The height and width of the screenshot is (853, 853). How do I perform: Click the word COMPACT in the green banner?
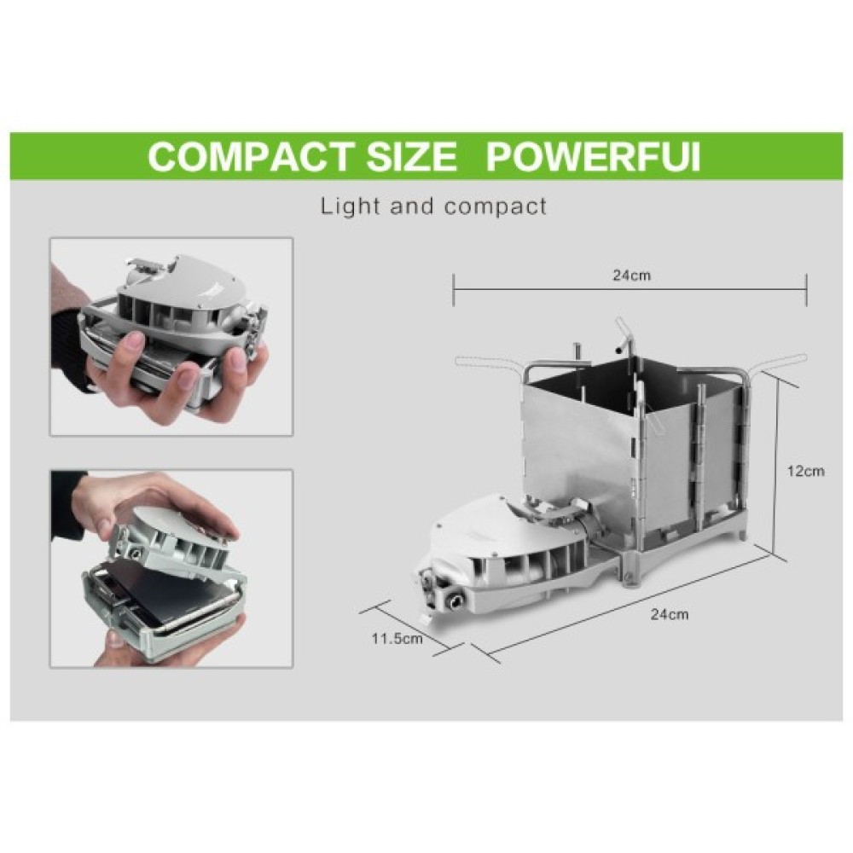pyautogui.click(x=248, y=157)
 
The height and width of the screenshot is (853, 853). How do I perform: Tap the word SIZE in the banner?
pyautogui.click(x=411, y=157)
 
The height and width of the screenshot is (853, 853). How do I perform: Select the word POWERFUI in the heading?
pyautogui.click(x=593, y=157)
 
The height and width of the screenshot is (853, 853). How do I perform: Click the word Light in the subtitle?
pyautogui.click(x=350, y=206)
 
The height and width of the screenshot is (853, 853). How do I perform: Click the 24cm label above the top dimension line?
pyautogui.click(x=631, y=275)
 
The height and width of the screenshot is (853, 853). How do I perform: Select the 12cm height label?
pyautogui.click(x=806, y=471)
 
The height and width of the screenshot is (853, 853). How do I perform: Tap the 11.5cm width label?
pyautogui.click(x=397, y=638)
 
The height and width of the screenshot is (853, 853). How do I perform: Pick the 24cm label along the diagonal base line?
pyautogui.click(x=670, y=614)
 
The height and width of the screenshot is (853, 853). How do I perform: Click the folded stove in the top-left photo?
pyautogui.click(x=173, y=327)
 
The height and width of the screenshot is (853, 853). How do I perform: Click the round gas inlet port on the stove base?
pyautogui.click(x=454, y=601)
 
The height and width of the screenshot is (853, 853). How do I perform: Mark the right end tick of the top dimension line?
pyautogui.click(x=806, y=290)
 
